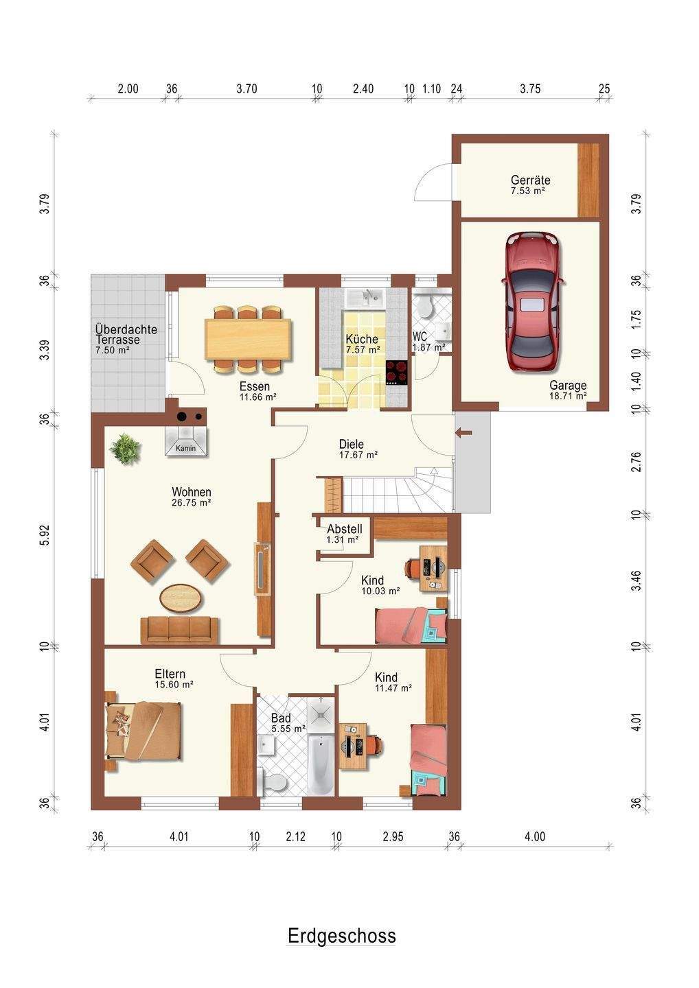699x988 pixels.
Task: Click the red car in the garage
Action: point(533,302)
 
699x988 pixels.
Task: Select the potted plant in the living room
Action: point(126,449)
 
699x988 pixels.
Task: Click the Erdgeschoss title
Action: point(341,936)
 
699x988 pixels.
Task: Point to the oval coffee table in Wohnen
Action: point(182,598)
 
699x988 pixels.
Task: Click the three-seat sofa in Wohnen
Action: point(179,630)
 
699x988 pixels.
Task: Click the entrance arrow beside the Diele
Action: point(466,433)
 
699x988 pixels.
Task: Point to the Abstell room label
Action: point(345,528)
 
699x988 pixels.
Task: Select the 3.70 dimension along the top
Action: point(247,89)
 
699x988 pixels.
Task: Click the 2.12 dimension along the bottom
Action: point(295,836)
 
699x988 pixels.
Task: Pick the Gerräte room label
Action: point(530,180)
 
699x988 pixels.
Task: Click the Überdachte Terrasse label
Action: point(126,335)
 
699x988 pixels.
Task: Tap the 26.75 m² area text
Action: point(191,502)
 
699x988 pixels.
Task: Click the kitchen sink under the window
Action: point(366,298)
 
